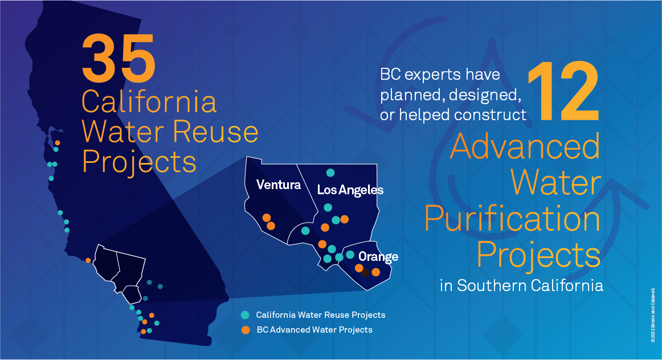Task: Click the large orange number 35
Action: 118,58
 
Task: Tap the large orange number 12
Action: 563,92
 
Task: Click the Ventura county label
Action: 279,185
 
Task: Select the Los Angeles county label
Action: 350,190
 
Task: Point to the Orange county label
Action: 378,256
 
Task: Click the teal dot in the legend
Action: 245,315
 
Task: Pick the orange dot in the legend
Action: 246,330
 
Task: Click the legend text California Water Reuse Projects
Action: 320,315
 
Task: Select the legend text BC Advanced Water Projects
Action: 314,330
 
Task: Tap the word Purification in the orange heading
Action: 513,219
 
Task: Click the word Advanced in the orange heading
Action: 525,146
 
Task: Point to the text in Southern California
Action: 521,285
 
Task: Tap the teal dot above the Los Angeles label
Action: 330,173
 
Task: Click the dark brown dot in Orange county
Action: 366,273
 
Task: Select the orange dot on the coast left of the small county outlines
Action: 88,260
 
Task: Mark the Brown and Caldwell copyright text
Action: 653,315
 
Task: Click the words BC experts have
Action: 440,74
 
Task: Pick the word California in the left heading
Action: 149,102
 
